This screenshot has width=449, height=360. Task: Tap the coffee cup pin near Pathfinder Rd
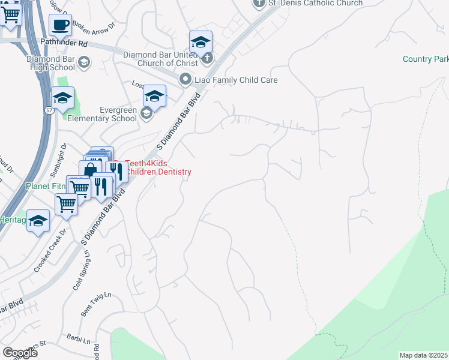[x=60, y=25]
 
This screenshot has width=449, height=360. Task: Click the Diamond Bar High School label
[x=50, y=64]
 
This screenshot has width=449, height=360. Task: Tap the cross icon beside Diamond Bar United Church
[x=207, y=58]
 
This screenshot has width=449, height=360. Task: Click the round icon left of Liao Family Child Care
[x=185, y=79]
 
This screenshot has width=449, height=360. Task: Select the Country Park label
[x=426, y=59]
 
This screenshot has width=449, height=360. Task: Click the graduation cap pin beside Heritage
[x=38, y=222]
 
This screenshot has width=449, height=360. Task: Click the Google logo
[x=20, y=353]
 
